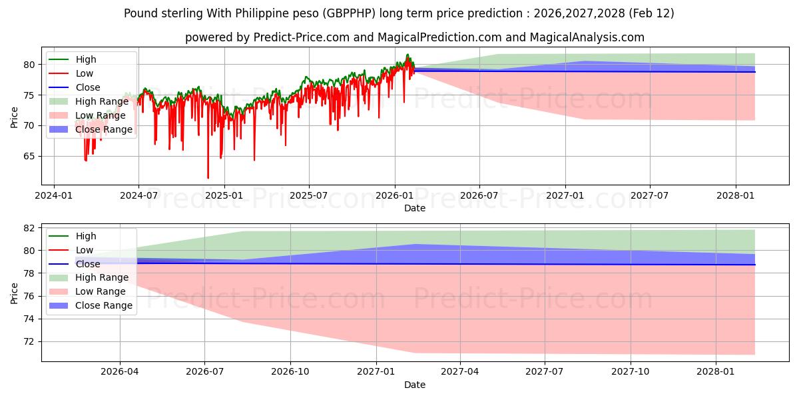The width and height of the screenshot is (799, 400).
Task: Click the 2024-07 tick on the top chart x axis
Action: [x=138, y=195]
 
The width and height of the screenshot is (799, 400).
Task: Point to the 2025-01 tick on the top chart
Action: [x=224, y=195]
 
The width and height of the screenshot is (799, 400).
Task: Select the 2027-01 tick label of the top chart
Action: [x=565, y=195]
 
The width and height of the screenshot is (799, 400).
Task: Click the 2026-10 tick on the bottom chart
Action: [x=291, y=372]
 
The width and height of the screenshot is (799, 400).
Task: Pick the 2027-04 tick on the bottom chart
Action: [x=461, y=372]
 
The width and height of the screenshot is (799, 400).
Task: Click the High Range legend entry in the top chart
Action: [x=102, y=101]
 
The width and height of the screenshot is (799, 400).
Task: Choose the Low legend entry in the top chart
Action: [x=85, y=73]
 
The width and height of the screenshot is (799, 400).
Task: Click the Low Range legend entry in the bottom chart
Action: [x=101, y=291]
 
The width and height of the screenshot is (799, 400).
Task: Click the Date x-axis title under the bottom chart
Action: [x=414, y=385]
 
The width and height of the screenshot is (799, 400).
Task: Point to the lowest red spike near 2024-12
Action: [x=208, y=178]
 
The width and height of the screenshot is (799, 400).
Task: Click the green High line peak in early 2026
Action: [x=407, y=55]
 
